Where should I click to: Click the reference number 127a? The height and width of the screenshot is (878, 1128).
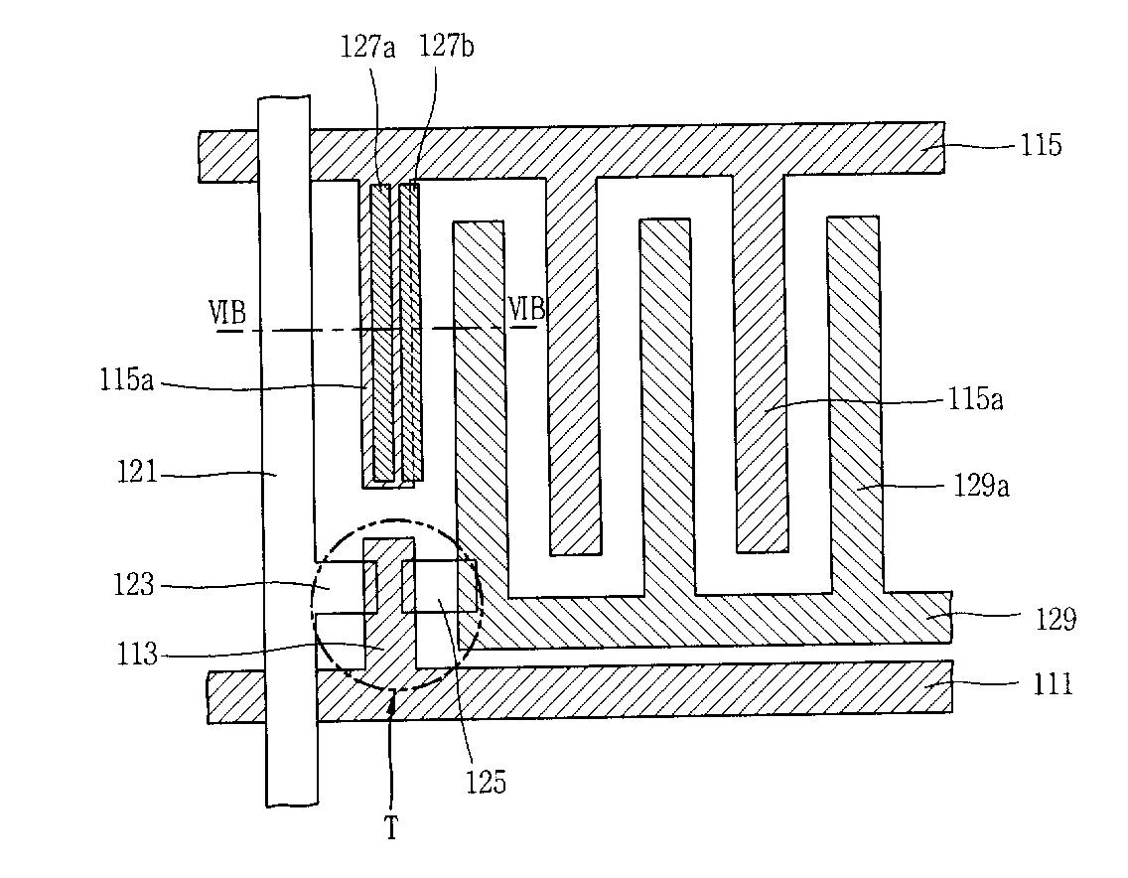click(x=367, y=48)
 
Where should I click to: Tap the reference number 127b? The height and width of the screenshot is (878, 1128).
click(x=446, y=47)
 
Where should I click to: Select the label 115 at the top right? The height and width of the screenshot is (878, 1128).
click(x=1041, y=145)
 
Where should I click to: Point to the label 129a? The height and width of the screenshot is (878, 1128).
click(x=981, y=487)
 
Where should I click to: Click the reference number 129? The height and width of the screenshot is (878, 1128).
click(x=1056, y=618)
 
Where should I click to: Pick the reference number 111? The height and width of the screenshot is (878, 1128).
click(x=1053, y=683)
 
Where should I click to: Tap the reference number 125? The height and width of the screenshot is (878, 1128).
click(x=486, y=782)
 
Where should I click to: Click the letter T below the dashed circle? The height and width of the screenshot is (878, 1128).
click(x=391, y=829)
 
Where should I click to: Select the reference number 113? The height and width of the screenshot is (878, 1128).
click(x=137, y=655)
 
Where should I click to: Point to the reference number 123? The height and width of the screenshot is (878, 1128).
click(x=134, y=584)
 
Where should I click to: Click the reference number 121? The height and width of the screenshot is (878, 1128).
click(x=137, y=473)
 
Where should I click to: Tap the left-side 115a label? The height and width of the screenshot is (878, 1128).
click(x=127, y=380)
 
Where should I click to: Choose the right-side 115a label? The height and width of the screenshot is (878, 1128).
click(x=975, y=398)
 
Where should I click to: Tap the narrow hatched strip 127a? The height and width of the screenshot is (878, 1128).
click(x=381, y=333)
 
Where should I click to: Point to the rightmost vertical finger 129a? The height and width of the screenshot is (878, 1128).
click(x=855, y=404)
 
